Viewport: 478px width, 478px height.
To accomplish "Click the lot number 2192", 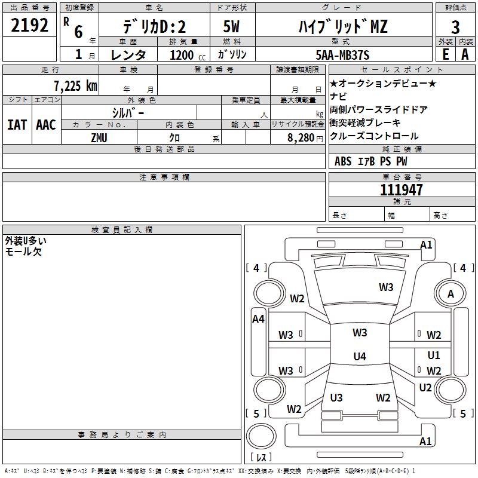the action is pyautogui.click(x=29, y=25).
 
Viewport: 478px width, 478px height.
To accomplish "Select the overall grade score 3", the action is pyautogui.click(x=455, y=27).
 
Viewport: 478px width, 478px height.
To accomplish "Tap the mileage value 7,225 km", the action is pyautogui.click(x=76, y=86).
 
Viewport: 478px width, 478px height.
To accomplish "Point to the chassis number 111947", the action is pyautogui.click(x=401, y=190).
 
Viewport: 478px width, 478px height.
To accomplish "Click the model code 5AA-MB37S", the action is pyautogui.click(x=342, y=55).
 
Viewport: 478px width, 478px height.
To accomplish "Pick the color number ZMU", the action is pyautogui.click(x=99, y=138).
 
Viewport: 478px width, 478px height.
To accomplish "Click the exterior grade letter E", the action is pyautogui.click(x=445, y=54).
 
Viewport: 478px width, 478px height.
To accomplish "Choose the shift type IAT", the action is pyautogui.click(x=17, y=125).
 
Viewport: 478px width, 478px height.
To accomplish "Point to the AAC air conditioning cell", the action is pyautogui.click(x=46, y=125).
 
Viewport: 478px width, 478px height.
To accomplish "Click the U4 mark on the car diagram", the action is pyautogui.click(x=360, y=356).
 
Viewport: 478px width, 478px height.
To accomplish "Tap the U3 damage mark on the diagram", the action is pyautogui.click(x=336, y=397).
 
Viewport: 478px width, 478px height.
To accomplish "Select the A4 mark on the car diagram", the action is pyautogui.click(x=258, y=319).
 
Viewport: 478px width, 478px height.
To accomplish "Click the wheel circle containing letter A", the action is pyautogui.click(x=451, y=293).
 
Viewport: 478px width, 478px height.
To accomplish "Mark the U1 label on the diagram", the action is pyautogui.click(x=434, y=355).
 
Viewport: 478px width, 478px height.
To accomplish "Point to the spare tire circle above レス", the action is pyautogui.click(x=261, y=436).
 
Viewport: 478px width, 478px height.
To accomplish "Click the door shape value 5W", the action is pyautogui.click(x=231, y=26).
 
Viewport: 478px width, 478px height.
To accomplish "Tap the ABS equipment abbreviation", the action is pyautogui.click(x=343, y=161).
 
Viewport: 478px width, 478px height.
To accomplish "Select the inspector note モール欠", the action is pyautogui.click(x=23, y=252).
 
